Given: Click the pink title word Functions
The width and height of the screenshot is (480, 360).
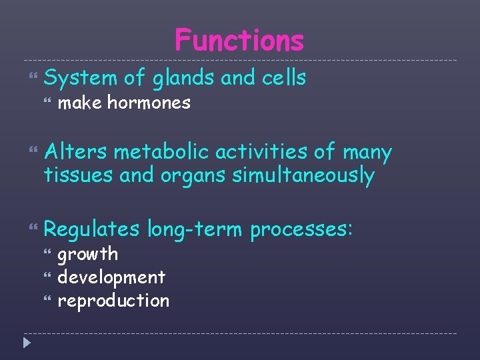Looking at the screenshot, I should [239, 41].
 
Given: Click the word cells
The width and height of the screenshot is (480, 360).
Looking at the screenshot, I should [280, 78].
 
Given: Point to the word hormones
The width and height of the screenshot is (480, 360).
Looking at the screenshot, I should [149, 103].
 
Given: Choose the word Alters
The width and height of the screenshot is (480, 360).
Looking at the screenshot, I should [75, 153].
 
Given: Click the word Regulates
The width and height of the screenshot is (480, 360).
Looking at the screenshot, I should [92, 230].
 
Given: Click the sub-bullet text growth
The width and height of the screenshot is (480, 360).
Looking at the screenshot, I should [88, 255].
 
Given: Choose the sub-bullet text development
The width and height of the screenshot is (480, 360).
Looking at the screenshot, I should [111, 277].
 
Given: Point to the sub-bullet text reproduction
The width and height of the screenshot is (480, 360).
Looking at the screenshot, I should [113, 301].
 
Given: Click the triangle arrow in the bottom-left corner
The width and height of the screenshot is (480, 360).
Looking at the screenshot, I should [26, 344].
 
